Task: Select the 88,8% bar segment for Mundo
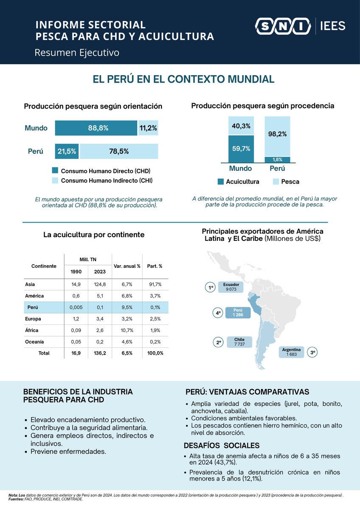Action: (96, 128)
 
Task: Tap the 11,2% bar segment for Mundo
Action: (148, 128)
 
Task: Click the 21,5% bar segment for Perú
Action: (67, 151)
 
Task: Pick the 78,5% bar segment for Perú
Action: (119, 151)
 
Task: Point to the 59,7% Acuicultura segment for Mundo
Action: (241, 148)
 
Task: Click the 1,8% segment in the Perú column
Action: (277, 159)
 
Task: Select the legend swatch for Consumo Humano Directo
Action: (55, 171)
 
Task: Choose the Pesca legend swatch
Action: (276, 182)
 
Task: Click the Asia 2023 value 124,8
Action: (99, 284)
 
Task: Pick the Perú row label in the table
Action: (34, 308)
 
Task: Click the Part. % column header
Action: (155, 266)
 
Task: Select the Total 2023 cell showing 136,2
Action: (99, 353)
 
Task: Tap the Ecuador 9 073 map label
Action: (231, 287)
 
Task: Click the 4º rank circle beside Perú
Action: (218, 313)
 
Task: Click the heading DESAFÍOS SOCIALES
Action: (222, 446)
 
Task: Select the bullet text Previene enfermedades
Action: (68, 451)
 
